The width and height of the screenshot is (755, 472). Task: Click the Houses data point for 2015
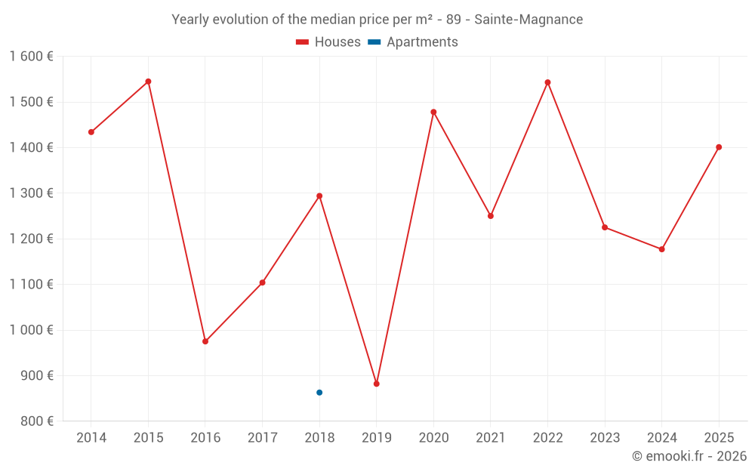[x=148, y=82]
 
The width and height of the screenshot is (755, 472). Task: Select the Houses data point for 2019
[x=377, y=384]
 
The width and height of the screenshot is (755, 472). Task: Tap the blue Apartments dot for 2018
[x=319, y=393]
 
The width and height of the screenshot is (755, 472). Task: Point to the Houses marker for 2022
[x=548, y=82]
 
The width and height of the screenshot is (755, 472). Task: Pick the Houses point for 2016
[x=205, y=341]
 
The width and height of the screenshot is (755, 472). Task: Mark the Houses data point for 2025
[x=719, y=147]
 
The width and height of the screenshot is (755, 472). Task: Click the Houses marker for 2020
[x=433, y=112]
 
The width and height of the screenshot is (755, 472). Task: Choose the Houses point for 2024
[x=662, y=249]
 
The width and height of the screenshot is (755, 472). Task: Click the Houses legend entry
[x=328, y=42]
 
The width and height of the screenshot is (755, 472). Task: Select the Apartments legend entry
[x=413, y=42]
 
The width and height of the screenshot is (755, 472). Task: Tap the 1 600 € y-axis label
[x=31, y=57]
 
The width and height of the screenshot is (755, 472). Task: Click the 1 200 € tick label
[x=31, y=239]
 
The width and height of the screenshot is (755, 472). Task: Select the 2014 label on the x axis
[x=91, y=438]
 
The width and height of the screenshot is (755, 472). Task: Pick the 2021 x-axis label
[x=491, y=438]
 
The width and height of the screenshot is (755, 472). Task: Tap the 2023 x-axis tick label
[x=605, y=438]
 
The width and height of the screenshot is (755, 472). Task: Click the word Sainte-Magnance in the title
[x=528, y=20]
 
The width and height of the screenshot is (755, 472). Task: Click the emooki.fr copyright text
[x=689, y=456]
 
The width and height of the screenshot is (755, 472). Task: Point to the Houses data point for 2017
[x=263, y=282]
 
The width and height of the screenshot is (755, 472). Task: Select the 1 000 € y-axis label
[x=31, y=330]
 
